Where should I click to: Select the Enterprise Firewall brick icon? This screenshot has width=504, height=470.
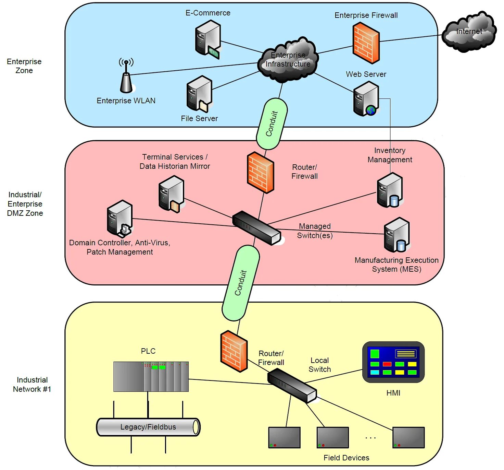point(366,43)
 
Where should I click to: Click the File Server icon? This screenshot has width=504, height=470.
point(199,94)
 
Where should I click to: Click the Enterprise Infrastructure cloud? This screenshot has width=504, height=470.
point(288,60)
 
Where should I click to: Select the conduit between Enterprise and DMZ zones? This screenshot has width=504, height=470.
point(272,124)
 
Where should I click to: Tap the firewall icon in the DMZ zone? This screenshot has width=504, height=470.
point(261,172)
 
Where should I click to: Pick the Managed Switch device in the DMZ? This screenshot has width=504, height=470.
point(257,228)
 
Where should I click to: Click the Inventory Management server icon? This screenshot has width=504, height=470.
point(390,190)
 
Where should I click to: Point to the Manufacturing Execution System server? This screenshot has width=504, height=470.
point(397,235)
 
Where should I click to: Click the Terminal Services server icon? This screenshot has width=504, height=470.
point(172,194)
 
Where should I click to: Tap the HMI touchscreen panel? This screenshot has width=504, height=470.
point(393,362)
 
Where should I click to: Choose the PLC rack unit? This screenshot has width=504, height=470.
point(151,376)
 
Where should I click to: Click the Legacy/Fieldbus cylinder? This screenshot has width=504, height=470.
point(148,427)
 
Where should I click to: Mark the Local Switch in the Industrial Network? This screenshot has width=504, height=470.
point(292,385)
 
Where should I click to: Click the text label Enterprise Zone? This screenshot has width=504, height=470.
point(24,66)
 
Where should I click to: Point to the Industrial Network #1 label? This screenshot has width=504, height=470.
point(32,385)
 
